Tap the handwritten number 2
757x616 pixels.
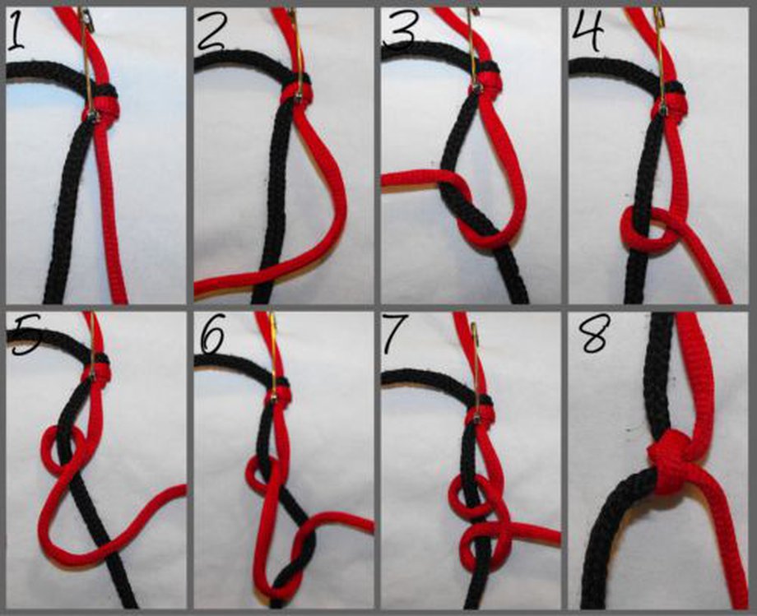(x=211, y=32)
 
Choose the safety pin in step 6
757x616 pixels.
(x=272, y=354)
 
